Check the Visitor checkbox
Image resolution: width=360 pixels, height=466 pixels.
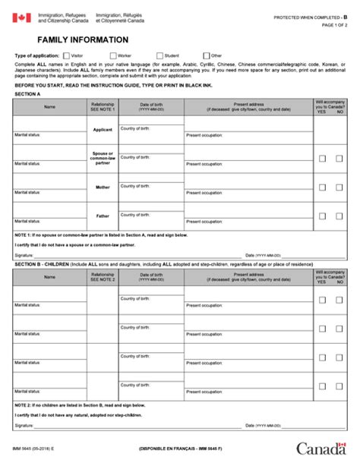67,55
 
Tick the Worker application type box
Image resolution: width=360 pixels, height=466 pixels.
113,55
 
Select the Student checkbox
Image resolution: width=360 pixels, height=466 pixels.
160,55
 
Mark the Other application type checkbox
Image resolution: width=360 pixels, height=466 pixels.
207,55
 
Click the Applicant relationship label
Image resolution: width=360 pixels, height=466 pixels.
103,130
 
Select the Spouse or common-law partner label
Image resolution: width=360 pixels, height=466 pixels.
103,158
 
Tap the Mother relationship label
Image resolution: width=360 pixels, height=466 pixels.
103,187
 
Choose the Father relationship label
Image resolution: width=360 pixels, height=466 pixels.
103,216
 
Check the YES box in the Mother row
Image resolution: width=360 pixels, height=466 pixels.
322,187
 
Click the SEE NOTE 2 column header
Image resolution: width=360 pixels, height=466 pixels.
103,279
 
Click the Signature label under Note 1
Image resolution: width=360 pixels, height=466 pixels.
24,255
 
